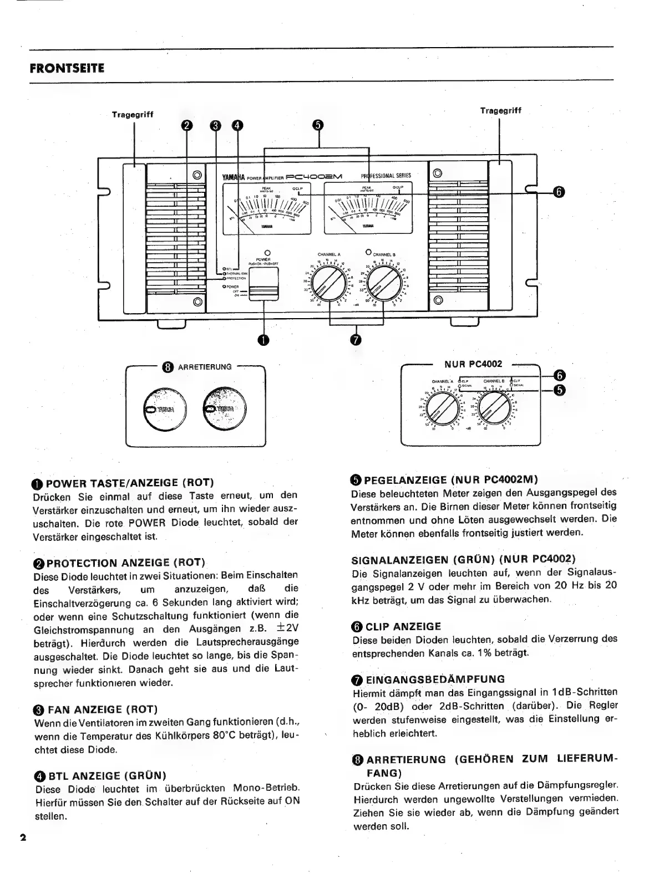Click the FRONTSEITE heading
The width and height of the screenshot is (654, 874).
click(x=67, y=68)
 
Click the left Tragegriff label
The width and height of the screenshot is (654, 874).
click(x=133, y=114)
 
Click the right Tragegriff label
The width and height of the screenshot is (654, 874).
click(x=500, y=110)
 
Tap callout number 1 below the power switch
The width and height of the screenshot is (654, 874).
click(x=263, y=339)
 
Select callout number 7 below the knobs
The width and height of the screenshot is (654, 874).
click(x=356, y=339)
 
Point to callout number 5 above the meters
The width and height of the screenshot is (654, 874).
click(x=317, y=126)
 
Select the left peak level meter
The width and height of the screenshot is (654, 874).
click(x=266, y=209)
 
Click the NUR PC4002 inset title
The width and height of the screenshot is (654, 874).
click(x=473, y=364)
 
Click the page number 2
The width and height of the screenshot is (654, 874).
click(x=23, y=837)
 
